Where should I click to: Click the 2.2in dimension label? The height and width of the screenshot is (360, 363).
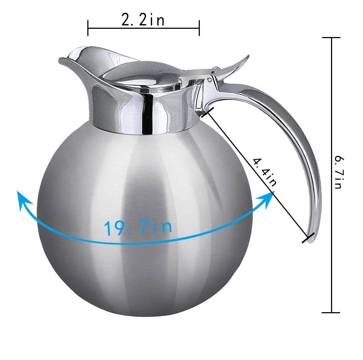[x=143, y=20]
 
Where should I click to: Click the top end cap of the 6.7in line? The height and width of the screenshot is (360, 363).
[x=331, y=38]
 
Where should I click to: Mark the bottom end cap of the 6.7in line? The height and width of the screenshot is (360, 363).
[x=331, y=312]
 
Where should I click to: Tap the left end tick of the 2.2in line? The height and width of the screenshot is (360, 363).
[x=88, y=28]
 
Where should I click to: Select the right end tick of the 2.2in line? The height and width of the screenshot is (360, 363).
[x=199, y=28]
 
